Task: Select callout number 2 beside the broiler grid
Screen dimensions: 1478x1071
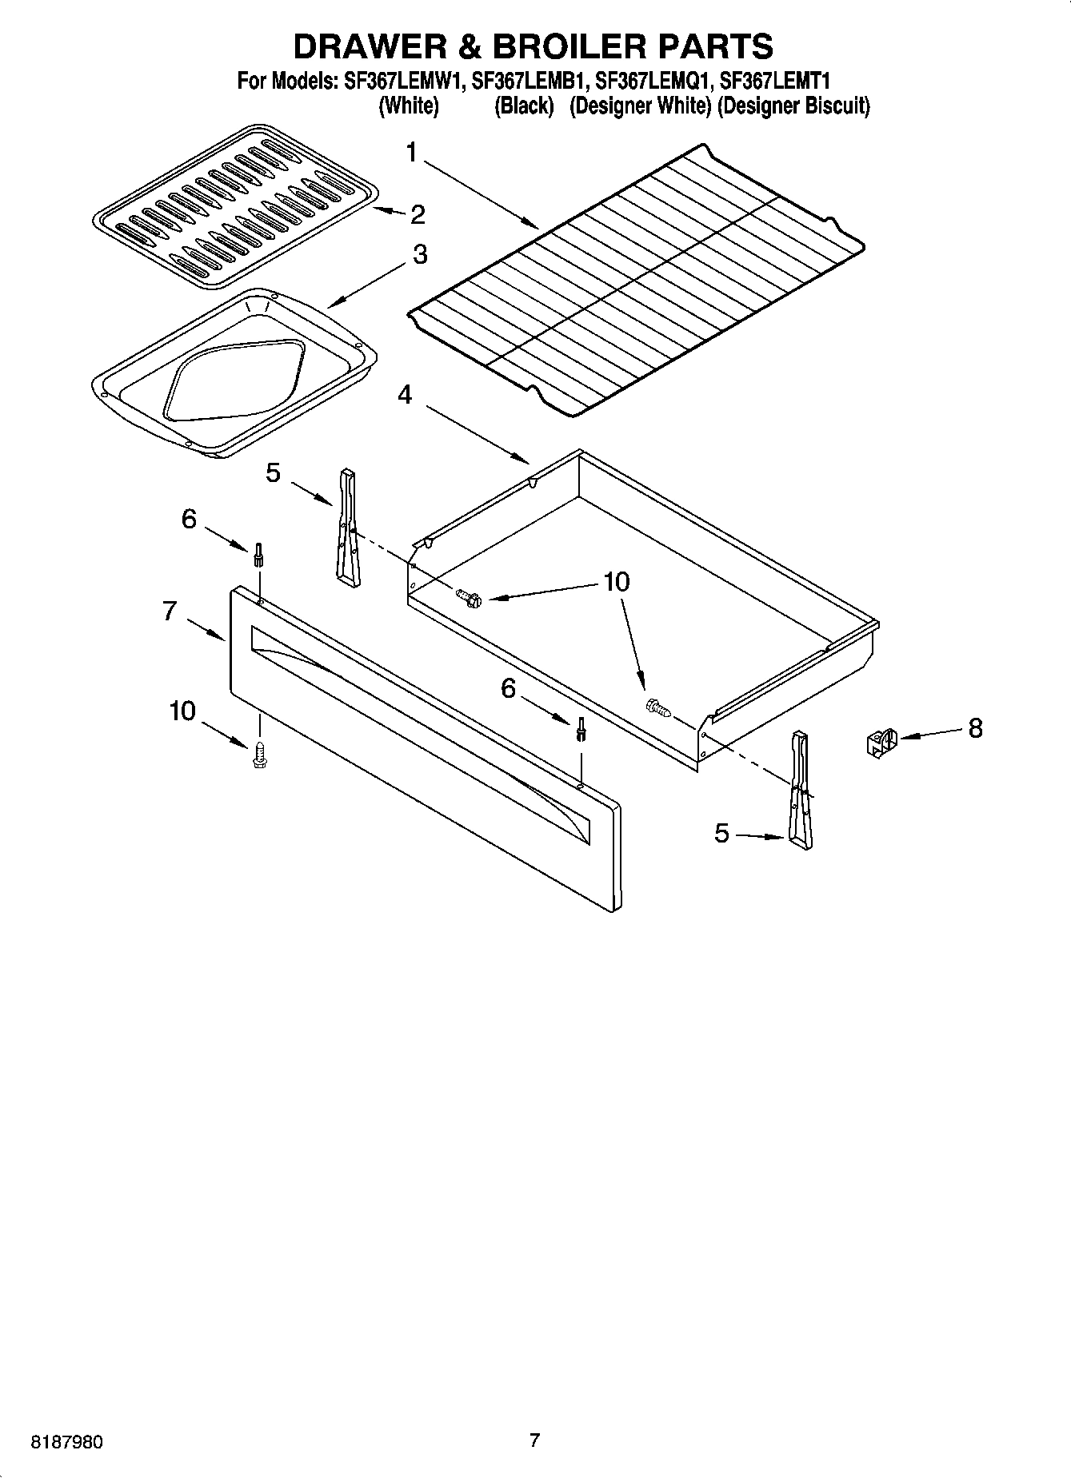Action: (417, 214)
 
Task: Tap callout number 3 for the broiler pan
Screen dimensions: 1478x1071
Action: (419, 255)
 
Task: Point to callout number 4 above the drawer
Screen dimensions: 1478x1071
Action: (406, 394)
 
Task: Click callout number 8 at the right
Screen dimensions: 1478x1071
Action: (975, 728)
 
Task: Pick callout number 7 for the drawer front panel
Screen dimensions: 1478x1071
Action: (169, 612)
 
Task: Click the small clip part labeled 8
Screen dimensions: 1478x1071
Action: (881, 743)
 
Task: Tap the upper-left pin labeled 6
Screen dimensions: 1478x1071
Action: (258, 554)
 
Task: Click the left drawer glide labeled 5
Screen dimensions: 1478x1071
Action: (348, 528)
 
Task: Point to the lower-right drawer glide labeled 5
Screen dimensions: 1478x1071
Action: (800, 787)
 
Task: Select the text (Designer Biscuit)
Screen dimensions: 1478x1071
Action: (793, 106)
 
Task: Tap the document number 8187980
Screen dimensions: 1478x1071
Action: (66, 1442)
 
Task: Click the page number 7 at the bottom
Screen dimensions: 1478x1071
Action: (534, 1440)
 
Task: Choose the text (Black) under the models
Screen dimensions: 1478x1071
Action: (524, 106)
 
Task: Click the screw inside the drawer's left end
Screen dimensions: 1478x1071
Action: (468, 596)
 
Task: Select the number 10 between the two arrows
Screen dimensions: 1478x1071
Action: (616, 581)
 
